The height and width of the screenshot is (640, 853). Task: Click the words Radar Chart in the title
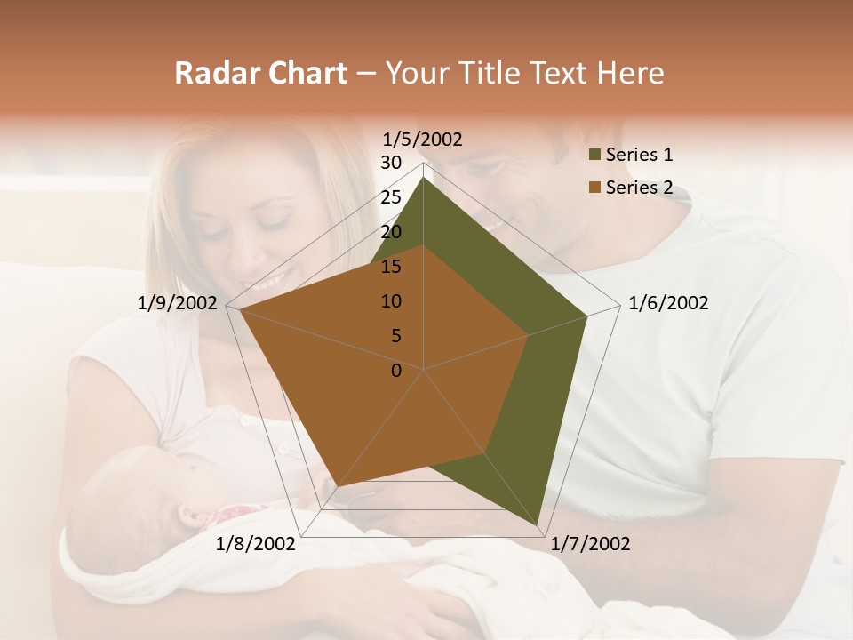(x=260, y=73)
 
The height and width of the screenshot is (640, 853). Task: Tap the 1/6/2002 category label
(x=668, y=303)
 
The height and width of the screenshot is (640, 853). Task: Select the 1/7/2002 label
(x=590, y=544)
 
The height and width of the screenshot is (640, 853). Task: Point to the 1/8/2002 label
(x=255, y=544)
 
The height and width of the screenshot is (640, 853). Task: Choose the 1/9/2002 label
(x=178, y=303)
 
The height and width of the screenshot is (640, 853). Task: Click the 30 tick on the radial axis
(x=391, y=163)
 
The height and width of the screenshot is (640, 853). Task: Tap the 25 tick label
(x=391, y=197)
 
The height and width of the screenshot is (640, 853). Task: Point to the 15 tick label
(x=391, y=267)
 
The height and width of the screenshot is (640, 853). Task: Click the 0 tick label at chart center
(x=396, y=371)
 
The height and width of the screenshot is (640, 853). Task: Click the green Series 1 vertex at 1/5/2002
(x=424, y=178)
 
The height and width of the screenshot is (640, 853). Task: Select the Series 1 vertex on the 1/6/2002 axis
(x=586, y=316)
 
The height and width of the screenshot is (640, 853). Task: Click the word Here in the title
(x=630, y=73)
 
